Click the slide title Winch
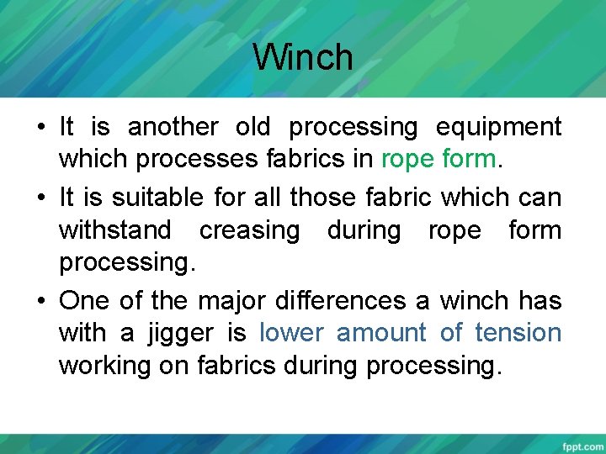[x=303, y=58]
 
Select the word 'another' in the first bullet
[x=173, y=127]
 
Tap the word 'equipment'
[x=498, y=127]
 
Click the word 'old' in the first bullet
[x=252, y=127]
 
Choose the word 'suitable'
[x=157, y=198]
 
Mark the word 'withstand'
[x=120, y=230]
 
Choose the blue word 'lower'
[x=291, y=334]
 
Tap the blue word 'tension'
[x=518, y=334]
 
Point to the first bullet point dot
[x=40, y=128]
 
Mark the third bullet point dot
[x=40, y=301]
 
